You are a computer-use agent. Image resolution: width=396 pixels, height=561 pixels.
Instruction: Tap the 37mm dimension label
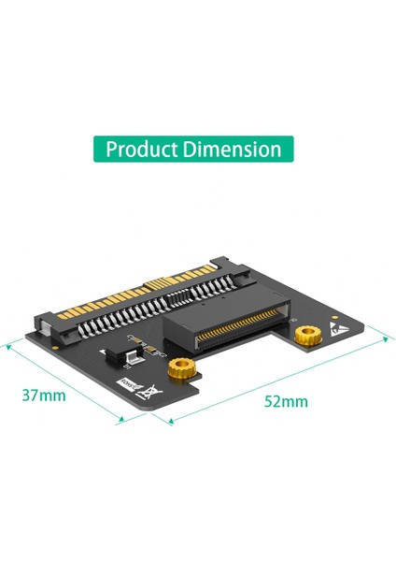click(x=44, y=395)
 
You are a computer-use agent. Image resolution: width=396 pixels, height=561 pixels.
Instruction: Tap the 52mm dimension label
click(x=286, y=401)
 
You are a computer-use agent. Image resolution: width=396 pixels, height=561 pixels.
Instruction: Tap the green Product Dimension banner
click(x=193, y=150)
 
